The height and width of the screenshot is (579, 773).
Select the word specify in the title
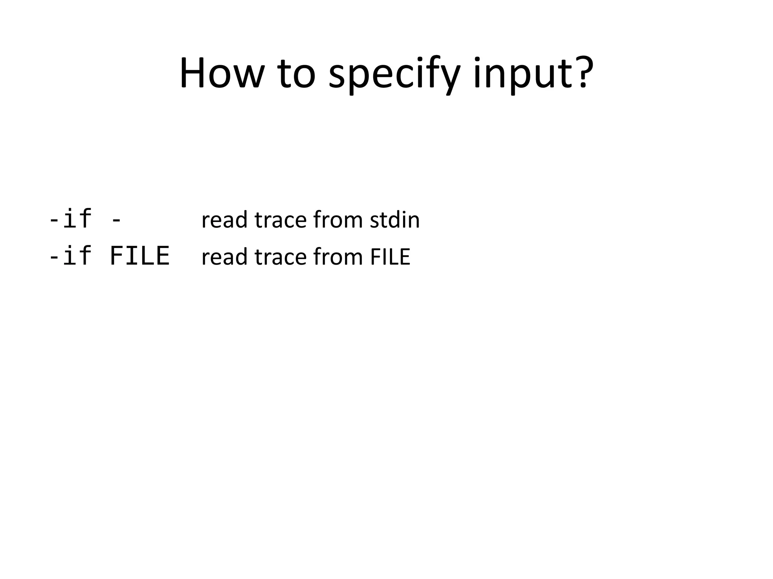tap(394, 75)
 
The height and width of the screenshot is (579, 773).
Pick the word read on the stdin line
tap(224, 220)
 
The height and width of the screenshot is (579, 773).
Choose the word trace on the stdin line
tap(280, 220)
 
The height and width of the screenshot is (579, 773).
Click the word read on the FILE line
tap(224, 257)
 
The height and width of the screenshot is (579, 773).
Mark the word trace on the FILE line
tap(280, 257)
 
